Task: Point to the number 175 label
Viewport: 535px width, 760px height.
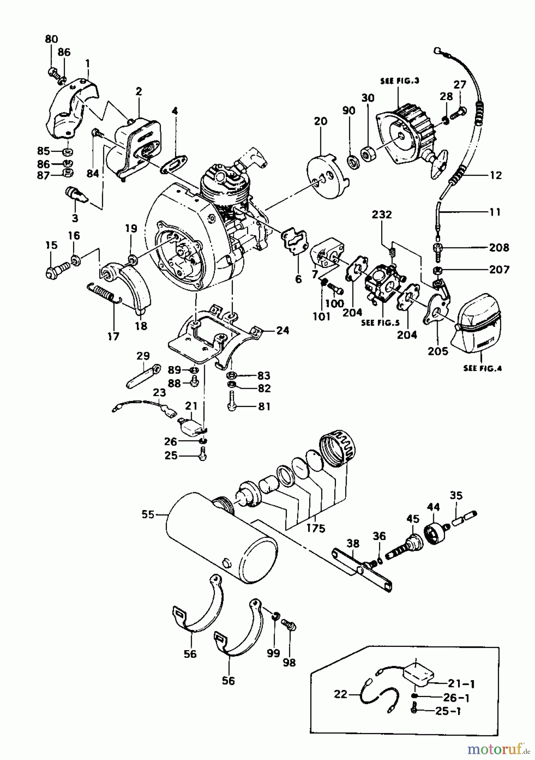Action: (x=316, y=528)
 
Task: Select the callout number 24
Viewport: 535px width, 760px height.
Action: (x=283, y=330)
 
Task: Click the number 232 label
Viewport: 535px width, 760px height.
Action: (x=382, y=214)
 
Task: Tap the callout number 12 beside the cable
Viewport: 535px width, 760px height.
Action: (x=496, y=175)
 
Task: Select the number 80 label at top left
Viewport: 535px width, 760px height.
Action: (x=51, y=39)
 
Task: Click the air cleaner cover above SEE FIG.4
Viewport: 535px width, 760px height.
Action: (x=477, y=325)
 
